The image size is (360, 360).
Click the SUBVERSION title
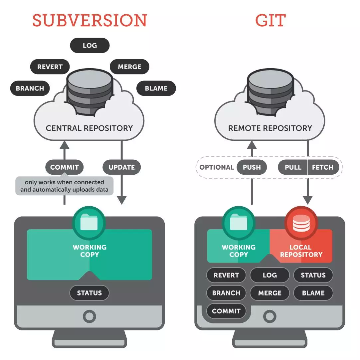tap(90, 20)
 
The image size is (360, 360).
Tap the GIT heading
tap(270, 20)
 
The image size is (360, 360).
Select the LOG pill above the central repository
tap(90, 46)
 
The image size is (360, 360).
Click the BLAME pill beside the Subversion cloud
tap(156, 88)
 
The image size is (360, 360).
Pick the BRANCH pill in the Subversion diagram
tap(30, 88)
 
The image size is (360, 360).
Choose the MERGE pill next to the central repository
tap(129, 67)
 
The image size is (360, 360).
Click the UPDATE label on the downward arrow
tap(121, 167)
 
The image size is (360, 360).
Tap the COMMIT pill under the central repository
tap(65, 167)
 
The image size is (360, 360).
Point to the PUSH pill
tap(252, 167)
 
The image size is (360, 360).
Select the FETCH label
tap(323, 167)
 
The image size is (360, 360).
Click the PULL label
tap(293, 167)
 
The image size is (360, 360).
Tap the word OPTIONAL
tap(217, 167)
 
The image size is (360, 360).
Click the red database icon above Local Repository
tap(301, 223)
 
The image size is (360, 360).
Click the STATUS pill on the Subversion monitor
tap(89, 293)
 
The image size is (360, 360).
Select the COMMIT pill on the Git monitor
tap(226, 311)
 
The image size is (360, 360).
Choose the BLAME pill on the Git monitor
tap(313, 293)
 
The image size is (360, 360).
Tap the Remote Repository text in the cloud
tap(270, 128)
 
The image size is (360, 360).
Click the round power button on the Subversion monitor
tap(89, 316)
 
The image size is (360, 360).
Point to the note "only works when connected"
tap(65, 182)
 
